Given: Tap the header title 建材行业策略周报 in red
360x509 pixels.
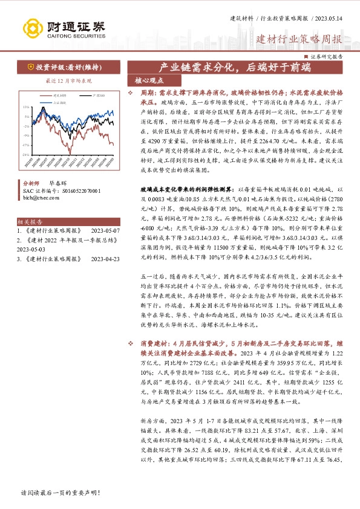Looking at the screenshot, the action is point(299,40).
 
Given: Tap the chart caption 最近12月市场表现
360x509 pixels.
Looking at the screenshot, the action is point(61,80).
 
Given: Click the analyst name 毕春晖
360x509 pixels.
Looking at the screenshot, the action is point(57,182).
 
